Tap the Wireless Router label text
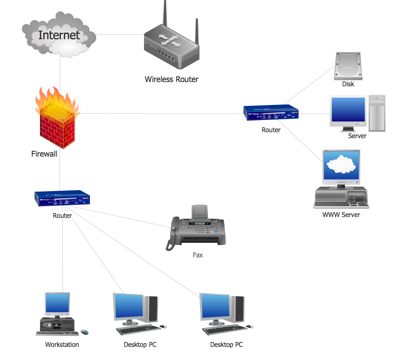pos(171,79)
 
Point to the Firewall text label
pos(44,154)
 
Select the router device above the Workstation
pos(63,198)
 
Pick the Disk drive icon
pos(348,66)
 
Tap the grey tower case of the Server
pos(377,113)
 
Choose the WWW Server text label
pos(341,215)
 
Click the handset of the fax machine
pos(173,234)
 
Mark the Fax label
pos(198,255)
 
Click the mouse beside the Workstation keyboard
pos(84,332)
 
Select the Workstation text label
pos(62,345)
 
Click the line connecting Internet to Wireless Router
pos(120,35)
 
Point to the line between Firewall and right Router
pos(163,114)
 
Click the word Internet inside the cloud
pos(59,35)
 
